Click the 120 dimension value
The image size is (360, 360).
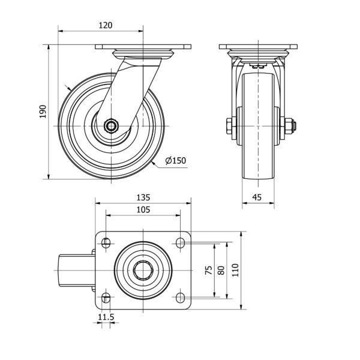click(106, 25)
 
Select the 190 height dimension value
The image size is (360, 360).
click(43, 112)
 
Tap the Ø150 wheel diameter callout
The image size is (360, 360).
click(176, 160)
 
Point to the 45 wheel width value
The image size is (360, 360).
click(257, 197)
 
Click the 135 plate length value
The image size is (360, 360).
click(143, 197)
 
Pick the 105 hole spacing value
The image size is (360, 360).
click(143, 209)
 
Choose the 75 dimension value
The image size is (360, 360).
click(209, 270)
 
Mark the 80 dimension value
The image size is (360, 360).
click(221, 270)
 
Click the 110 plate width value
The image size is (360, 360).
click(236, 270)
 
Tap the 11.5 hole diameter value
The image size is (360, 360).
click(106, 317)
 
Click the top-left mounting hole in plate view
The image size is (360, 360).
click(106, 242)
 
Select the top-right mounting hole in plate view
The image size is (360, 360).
click(180, 242)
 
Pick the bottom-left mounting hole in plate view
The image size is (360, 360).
click(106, 298)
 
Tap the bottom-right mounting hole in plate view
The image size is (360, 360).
click(180, 298)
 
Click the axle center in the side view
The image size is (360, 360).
click(112, 126)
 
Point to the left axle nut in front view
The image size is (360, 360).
click(229, 126)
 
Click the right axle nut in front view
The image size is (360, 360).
click(289, 126)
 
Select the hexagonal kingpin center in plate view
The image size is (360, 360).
click(143, 270)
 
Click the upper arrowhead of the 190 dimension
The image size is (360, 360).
click(49, 47)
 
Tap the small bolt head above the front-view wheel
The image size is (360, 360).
click(259, 67)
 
